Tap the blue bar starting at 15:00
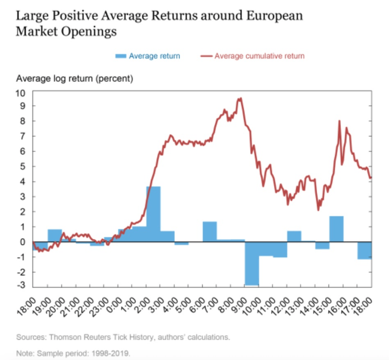coord(336,229)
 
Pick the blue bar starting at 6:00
coord(210,232)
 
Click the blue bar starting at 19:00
coord(55,236)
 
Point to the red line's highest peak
coord(240,98)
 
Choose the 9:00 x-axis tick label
coord(237,305)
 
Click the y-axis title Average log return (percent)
coord(74,79)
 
